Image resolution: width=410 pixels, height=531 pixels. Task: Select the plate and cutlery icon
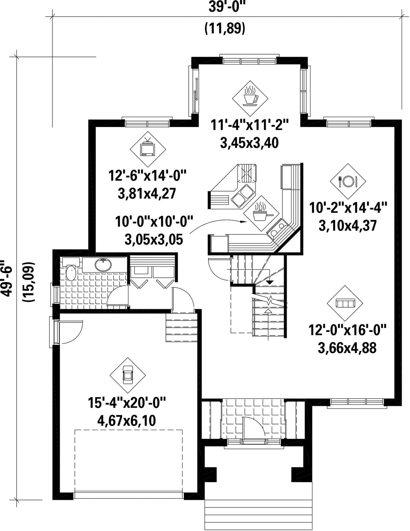(x=348, y=181)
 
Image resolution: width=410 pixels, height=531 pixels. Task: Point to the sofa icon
(x=345, y=303)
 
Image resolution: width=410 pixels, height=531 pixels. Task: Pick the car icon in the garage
(x=128, y=375)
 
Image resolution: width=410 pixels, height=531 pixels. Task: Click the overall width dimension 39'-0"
(x=224, y=7)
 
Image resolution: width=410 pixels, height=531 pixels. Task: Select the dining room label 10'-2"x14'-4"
(x=348, y=208)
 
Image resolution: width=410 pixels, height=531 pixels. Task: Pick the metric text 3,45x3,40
(x=249, y=143)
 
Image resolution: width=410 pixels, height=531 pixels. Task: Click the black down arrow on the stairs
(x=270, y=282)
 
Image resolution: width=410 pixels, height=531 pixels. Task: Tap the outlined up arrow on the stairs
(x=268, y=311)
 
